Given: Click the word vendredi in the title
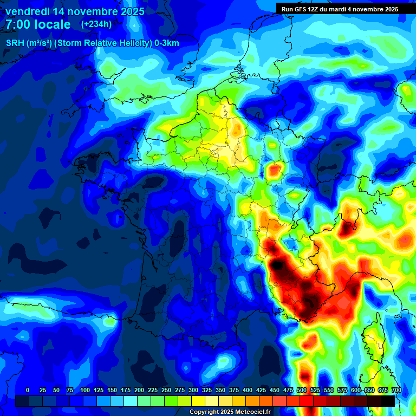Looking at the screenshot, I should [27, 11].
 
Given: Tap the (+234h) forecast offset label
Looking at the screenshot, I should [96, 24].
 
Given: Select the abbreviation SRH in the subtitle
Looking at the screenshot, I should [15, 43].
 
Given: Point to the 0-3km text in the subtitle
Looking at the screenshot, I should [167, 43].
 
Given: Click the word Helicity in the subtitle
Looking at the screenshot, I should [132, 43].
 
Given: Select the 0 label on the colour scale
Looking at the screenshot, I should [28, 391].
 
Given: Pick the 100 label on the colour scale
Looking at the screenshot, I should [84, 391].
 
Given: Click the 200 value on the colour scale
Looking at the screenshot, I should [139, 391].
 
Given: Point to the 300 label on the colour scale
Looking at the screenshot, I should [193, 391].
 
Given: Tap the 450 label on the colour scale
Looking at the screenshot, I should [274, 391].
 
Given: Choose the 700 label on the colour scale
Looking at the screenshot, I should [396, 391].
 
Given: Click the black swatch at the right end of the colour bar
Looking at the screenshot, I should [387, 401].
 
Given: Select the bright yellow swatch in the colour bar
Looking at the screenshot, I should [198, 401].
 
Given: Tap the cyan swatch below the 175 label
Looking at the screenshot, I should [131, 401].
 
